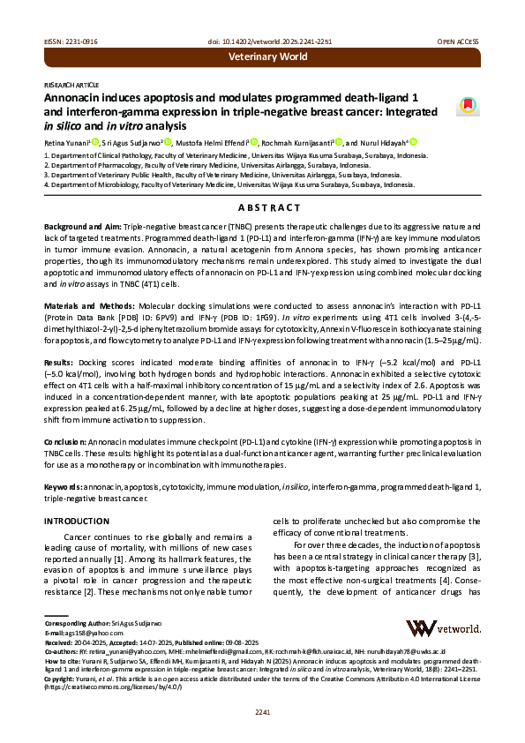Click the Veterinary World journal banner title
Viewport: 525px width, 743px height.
[267, 57]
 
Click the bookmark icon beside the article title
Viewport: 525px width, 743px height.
[464, 106]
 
